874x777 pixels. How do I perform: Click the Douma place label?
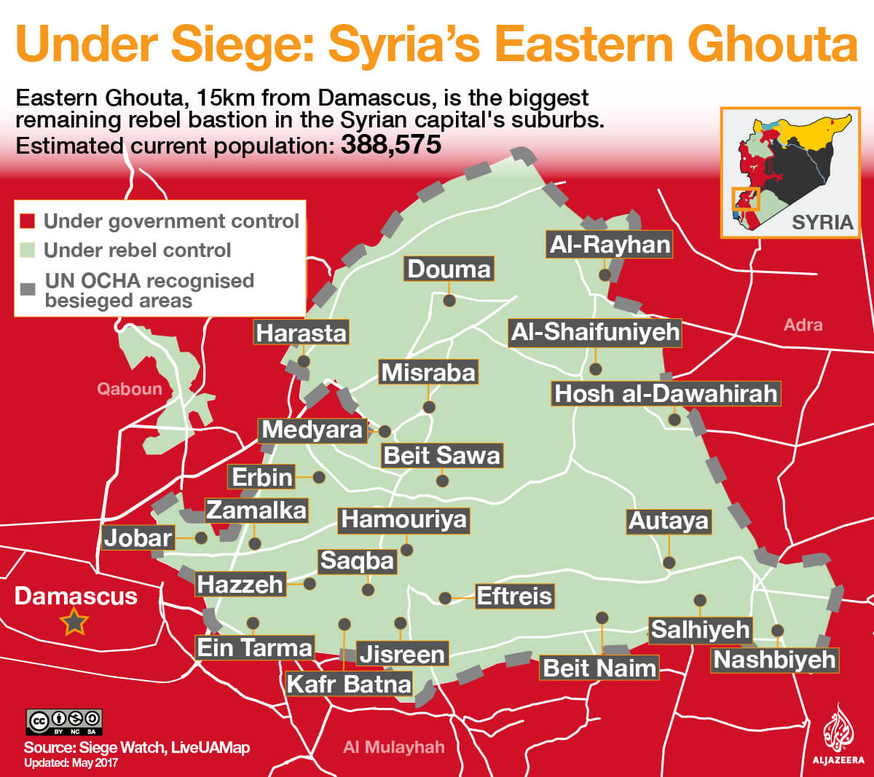pos(449,269)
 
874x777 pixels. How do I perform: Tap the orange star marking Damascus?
pos(74,623)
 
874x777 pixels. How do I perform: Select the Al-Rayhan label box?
pos(610,245)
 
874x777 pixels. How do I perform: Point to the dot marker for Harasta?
pos(304,361)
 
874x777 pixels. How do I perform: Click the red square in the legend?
pos(28,221)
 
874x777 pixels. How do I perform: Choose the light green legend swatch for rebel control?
pos(28,251)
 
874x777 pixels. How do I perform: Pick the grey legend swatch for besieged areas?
pos(28,289)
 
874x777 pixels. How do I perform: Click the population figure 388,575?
pos(391,144)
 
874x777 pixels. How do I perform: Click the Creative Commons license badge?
pos(65,722)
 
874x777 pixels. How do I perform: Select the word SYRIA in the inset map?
pos(822,222)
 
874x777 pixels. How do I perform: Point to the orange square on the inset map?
pos(745,199)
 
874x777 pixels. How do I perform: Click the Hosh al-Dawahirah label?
pos(666,394)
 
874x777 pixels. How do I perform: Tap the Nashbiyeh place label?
pos(774,660)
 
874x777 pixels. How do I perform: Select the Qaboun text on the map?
pos(130,389)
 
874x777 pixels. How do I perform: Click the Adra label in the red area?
pos(803,325)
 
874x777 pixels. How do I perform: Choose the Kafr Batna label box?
pos(349,684)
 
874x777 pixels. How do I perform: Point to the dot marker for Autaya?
pos(669,562)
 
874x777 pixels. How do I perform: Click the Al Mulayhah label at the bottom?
pos(393,747)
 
